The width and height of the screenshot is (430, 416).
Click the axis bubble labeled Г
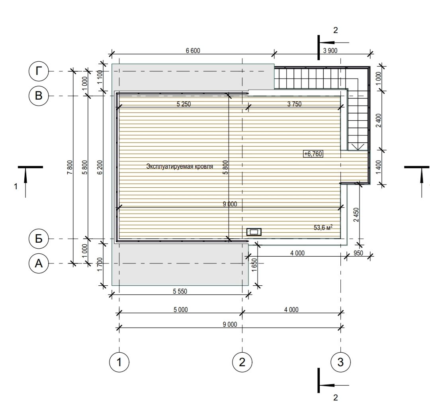(x=39, y=71)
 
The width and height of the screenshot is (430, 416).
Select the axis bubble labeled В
(x=39, y=96)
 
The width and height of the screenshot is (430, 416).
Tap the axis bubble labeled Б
(x=39, y=239)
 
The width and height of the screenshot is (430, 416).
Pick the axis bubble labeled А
(x=39, y=263)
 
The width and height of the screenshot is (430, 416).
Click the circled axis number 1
(x=119, y=362)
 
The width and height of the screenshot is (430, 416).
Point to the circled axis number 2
(x=242, y=362)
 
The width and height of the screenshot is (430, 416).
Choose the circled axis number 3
(x=340, y=362)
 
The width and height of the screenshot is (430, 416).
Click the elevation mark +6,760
(x=313, y=154)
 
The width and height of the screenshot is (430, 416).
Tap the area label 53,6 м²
(x=323, y=228)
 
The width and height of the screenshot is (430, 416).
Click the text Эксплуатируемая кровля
(x=180, y=166)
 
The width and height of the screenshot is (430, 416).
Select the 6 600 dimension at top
(x=193, y=51)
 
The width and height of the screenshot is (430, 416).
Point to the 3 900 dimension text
(x=330, y=51)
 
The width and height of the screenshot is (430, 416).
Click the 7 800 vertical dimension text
(x=70, y=167)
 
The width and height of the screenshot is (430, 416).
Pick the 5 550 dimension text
(x=180, y=291)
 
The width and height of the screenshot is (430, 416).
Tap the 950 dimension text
(x=358, y=253)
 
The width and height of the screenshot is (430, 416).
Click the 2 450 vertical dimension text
(x=356, y=215)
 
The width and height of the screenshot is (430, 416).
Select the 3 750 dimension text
(x=294, y=104)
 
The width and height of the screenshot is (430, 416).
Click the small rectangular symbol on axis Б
(x=254, y=232)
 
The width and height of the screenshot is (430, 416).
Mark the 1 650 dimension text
(x=254, y=265)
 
